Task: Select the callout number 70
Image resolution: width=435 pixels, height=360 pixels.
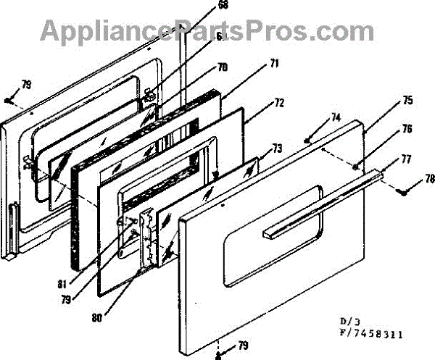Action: point(223,66)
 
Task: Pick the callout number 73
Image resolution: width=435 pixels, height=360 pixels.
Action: point(277,149)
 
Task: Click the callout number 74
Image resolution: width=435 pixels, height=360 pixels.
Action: point(335,117)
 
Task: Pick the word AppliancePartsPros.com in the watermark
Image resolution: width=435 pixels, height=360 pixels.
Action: point(196,30)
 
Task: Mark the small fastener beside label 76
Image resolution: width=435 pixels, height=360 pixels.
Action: point(355,166)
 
